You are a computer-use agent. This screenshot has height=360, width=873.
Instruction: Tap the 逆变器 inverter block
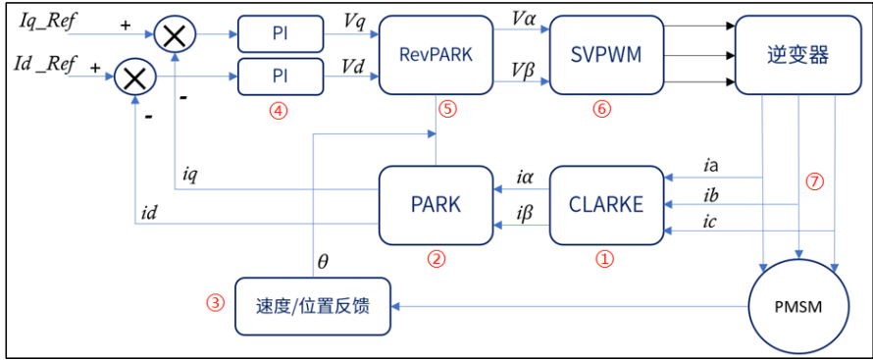(x=796, y=55)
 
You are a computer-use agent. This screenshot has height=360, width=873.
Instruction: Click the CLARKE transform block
(x=605, y=204)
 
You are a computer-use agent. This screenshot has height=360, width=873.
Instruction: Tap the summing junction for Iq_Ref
(x=175, y=36)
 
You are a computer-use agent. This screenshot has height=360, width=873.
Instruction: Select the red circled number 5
(x=447, y=109)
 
